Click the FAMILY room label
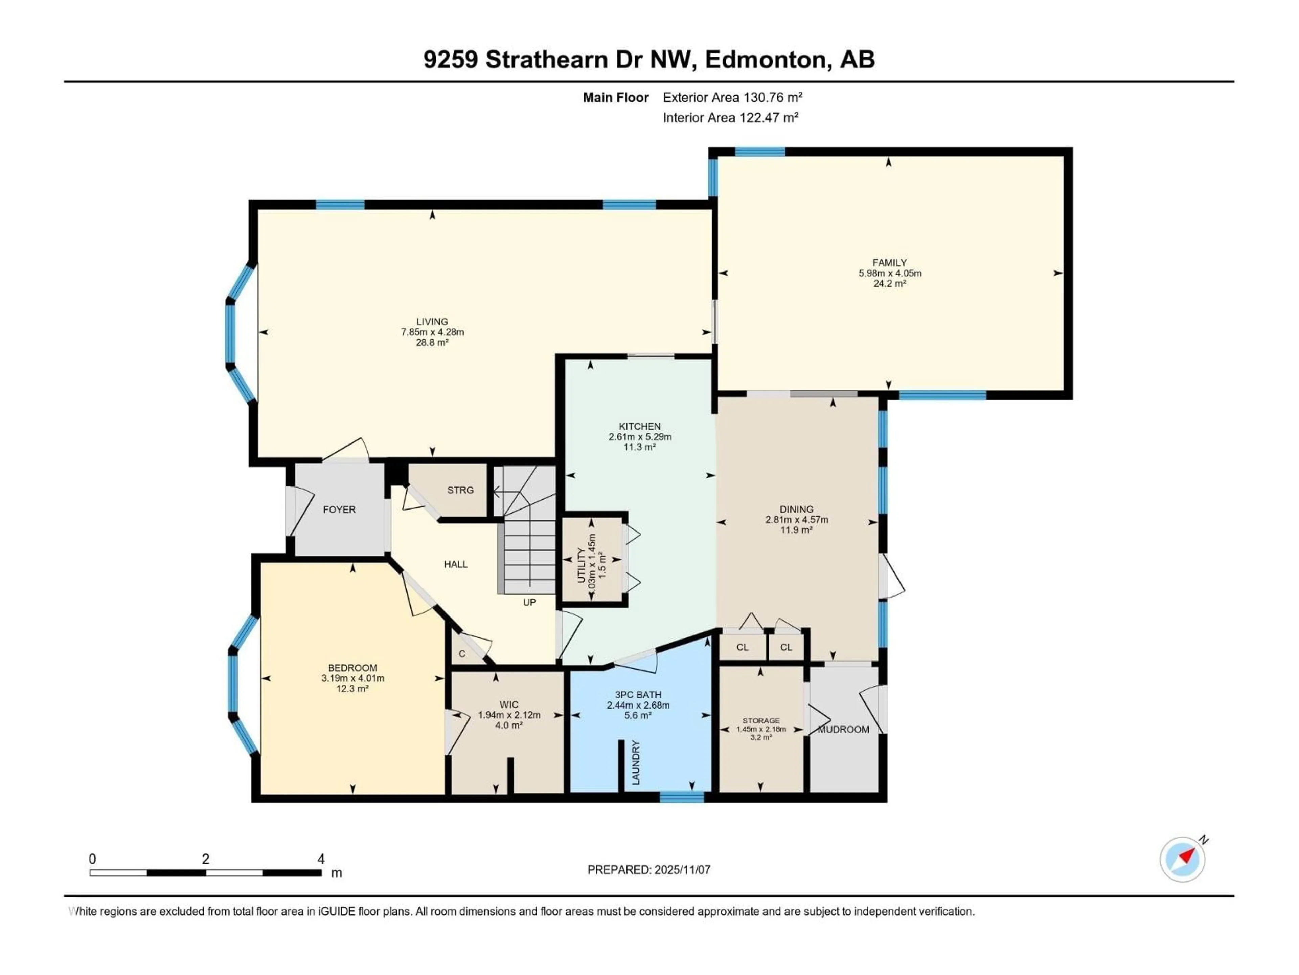pyautogui.click(x=889, y=263)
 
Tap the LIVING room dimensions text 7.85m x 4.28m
pyautogui.click(x=432, y=332)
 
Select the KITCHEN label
pyautogui.click(x=639, y=426)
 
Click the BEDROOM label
pyautogui.click(x=352, y=668)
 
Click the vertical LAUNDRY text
pyautogui.click(x=635, y=763)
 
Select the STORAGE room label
pyautogui.click(x=761, y=720)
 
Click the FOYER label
pyautogui.click(x=339, y=510)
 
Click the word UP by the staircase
pyautogui.click(x=529, y=602)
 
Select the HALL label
pyautogui.click(x=456, y=564)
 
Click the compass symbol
pyautogui.click(x=1182, y=859)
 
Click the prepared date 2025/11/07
pyautogui.click(x=681, y=870)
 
